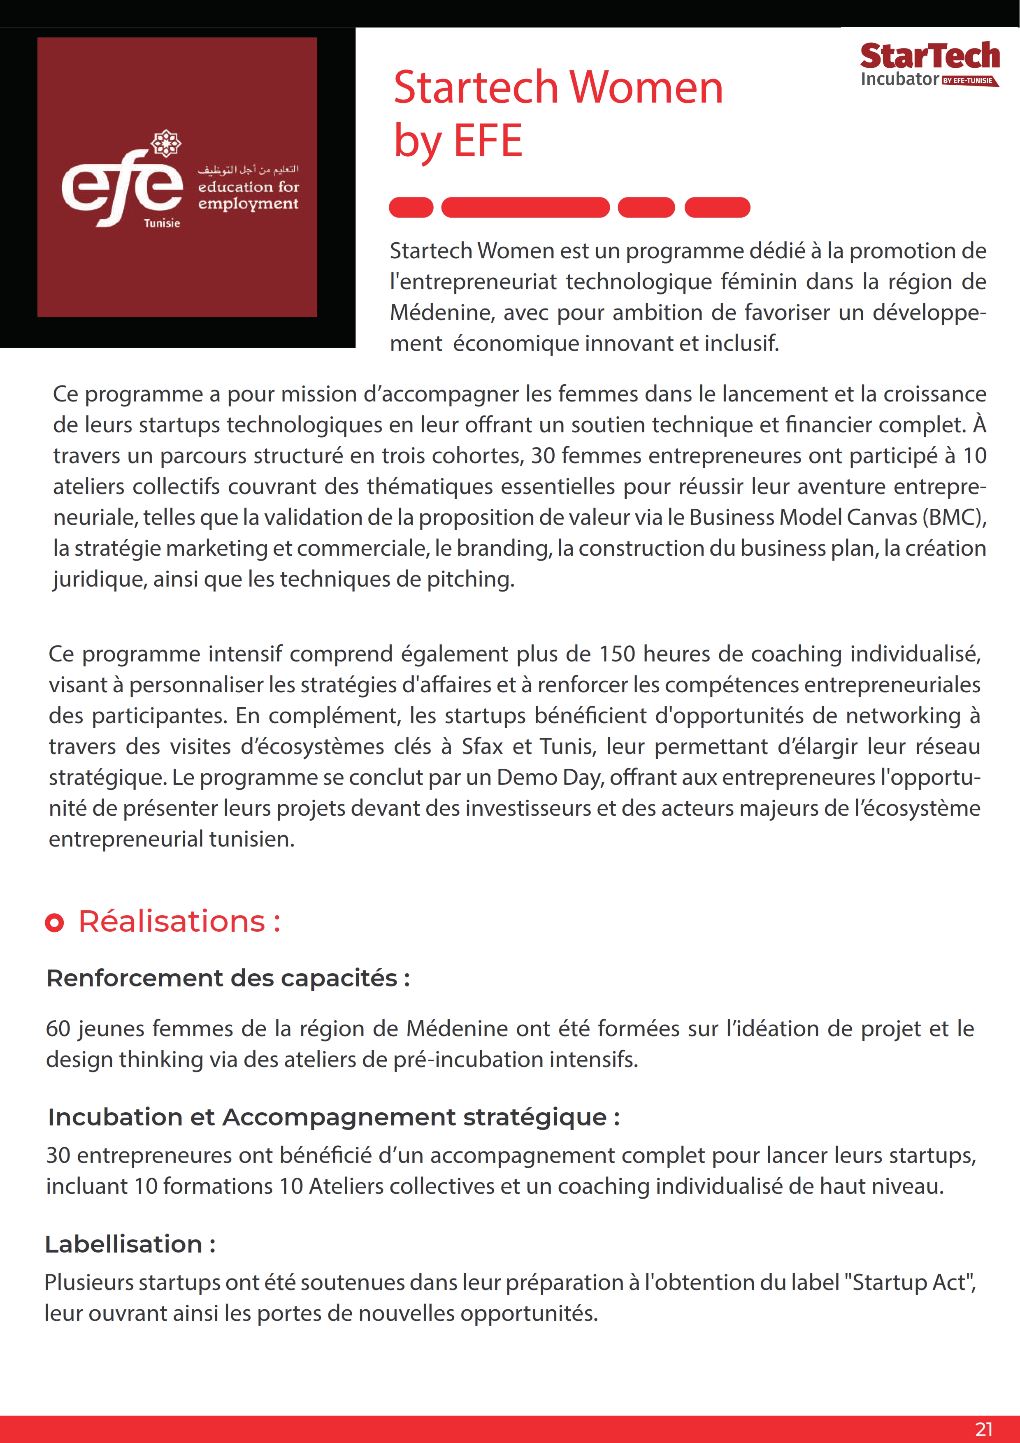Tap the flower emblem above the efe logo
166,143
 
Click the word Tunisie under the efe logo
162,223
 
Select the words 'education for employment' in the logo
248,195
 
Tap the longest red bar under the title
525,207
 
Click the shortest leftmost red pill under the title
411,207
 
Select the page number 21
983,1429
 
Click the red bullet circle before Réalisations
55,923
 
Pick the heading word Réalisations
172,921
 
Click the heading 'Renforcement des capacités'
228,979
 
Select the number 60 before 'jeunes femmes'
58,1029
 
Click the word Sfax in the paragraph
482,747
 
